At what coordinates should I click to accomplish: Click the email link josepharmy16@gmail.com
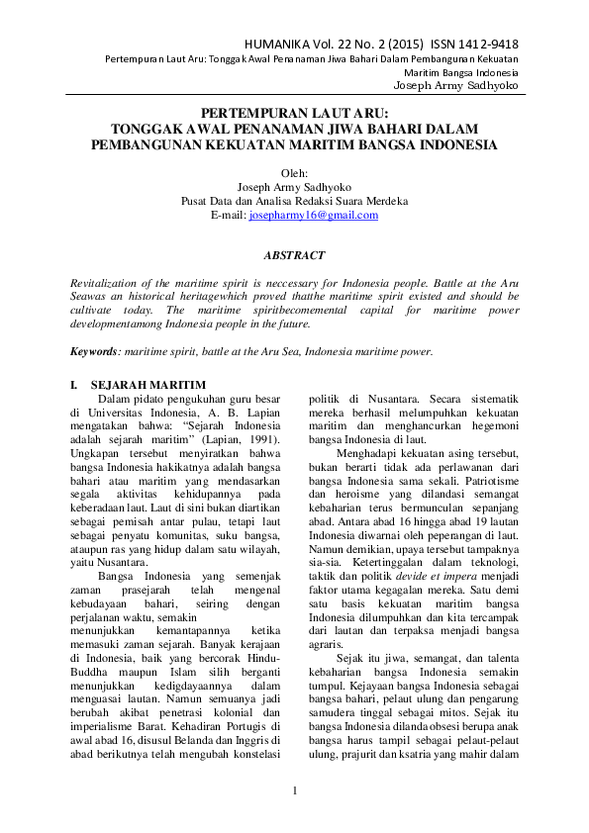314,215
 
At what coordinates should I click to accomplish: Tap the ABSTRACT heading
294,255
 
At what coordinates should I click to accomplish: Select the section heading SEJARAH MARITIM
147,383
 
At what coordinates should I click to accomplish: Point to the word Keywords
91,352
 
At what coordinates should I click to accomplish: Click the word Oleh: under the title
294,172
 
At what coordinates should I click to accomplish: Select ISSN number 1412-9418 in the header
482,46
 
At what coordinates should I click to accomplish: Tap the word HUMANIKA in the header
285,46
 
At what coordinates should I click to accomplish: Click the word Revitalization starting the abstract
102,283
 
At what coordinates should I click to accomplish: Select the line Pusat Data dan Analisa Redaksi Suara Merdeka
294,201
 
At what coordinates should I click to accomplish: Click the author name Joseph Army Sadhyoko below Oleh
294,186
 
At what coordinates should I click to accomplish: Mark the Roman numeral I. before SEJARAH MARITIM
72,383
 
